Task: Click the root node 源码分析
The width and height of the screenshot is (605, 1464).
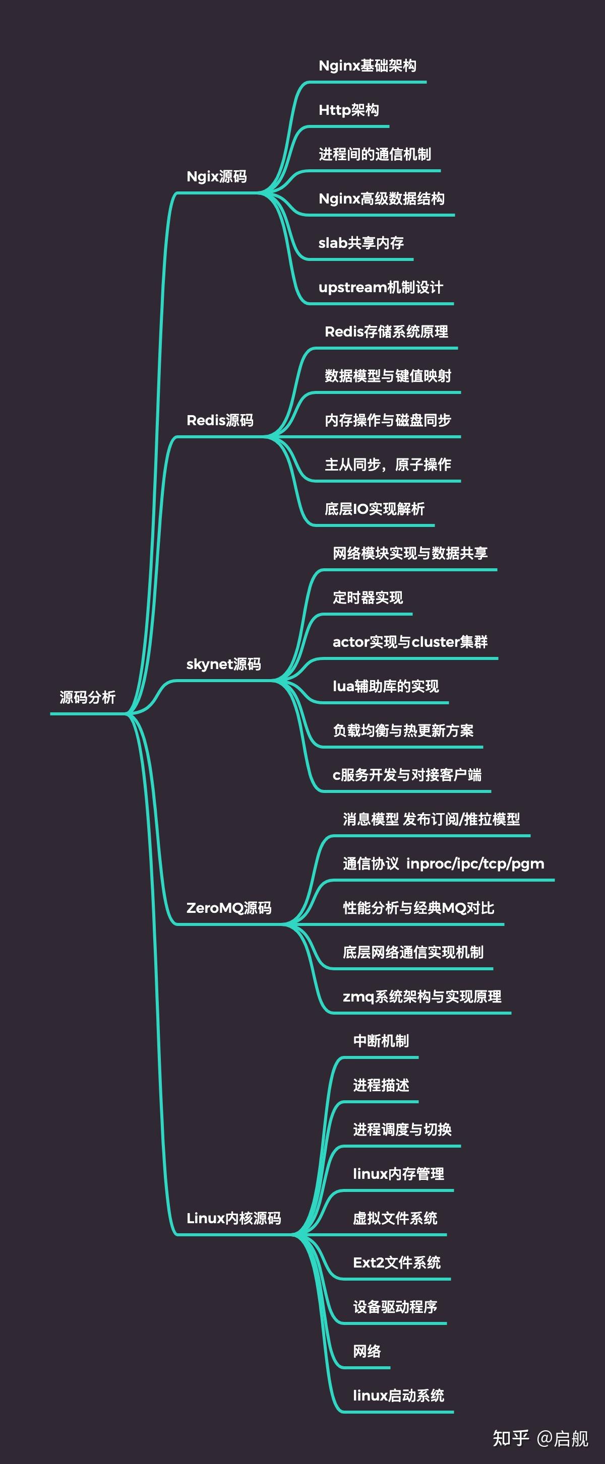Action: [88, 697]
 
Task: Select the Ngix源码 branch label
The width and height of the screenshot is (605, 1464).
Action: [217, 177]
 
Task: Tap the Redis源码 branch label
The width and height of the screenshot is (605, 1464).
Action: [220, 421]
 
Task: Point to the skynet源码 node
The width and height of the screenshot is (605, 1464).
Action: [223, 664]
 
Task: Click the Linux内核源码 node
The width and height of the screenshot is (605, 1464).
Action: [234, 1219]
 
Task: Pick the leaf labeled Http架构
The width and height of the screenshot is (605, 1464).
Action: [348, 110]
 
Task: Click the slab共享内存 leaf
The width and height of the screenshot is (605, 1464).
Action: [361, 243]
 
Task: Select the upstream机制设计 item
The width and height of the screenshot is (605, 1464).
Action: [381, 288]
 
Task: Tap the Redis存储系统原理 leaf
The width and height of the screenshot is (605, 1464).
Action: [386, 332]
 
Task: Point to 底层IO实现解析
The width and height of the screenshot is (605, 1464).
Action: [374, 509]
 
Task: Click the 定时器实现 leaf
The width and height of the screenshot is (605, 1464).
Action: [368, 598]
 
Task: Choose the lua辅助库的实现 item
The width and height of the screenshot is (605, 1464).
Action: [386, 687]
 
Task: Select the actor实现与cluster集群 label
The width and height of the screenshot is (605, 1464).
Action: [410, 642]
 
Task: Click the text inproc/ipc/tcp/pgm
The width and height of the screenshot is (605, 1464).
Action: [475, 864]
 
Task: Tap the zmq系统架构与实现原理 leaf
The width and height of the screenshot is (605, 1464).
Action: [422, 997]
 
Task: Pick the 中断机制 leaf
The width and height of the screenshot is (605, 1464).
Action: [381, 1041]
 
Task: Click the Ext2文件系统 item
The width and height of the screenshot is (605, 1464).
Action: [397, 1263]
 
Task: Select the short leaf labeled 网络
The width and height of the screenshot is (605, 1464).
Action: [367, 1352]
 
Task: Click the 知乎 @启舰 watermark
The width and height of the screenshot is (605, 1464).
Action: [540, 1438]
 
